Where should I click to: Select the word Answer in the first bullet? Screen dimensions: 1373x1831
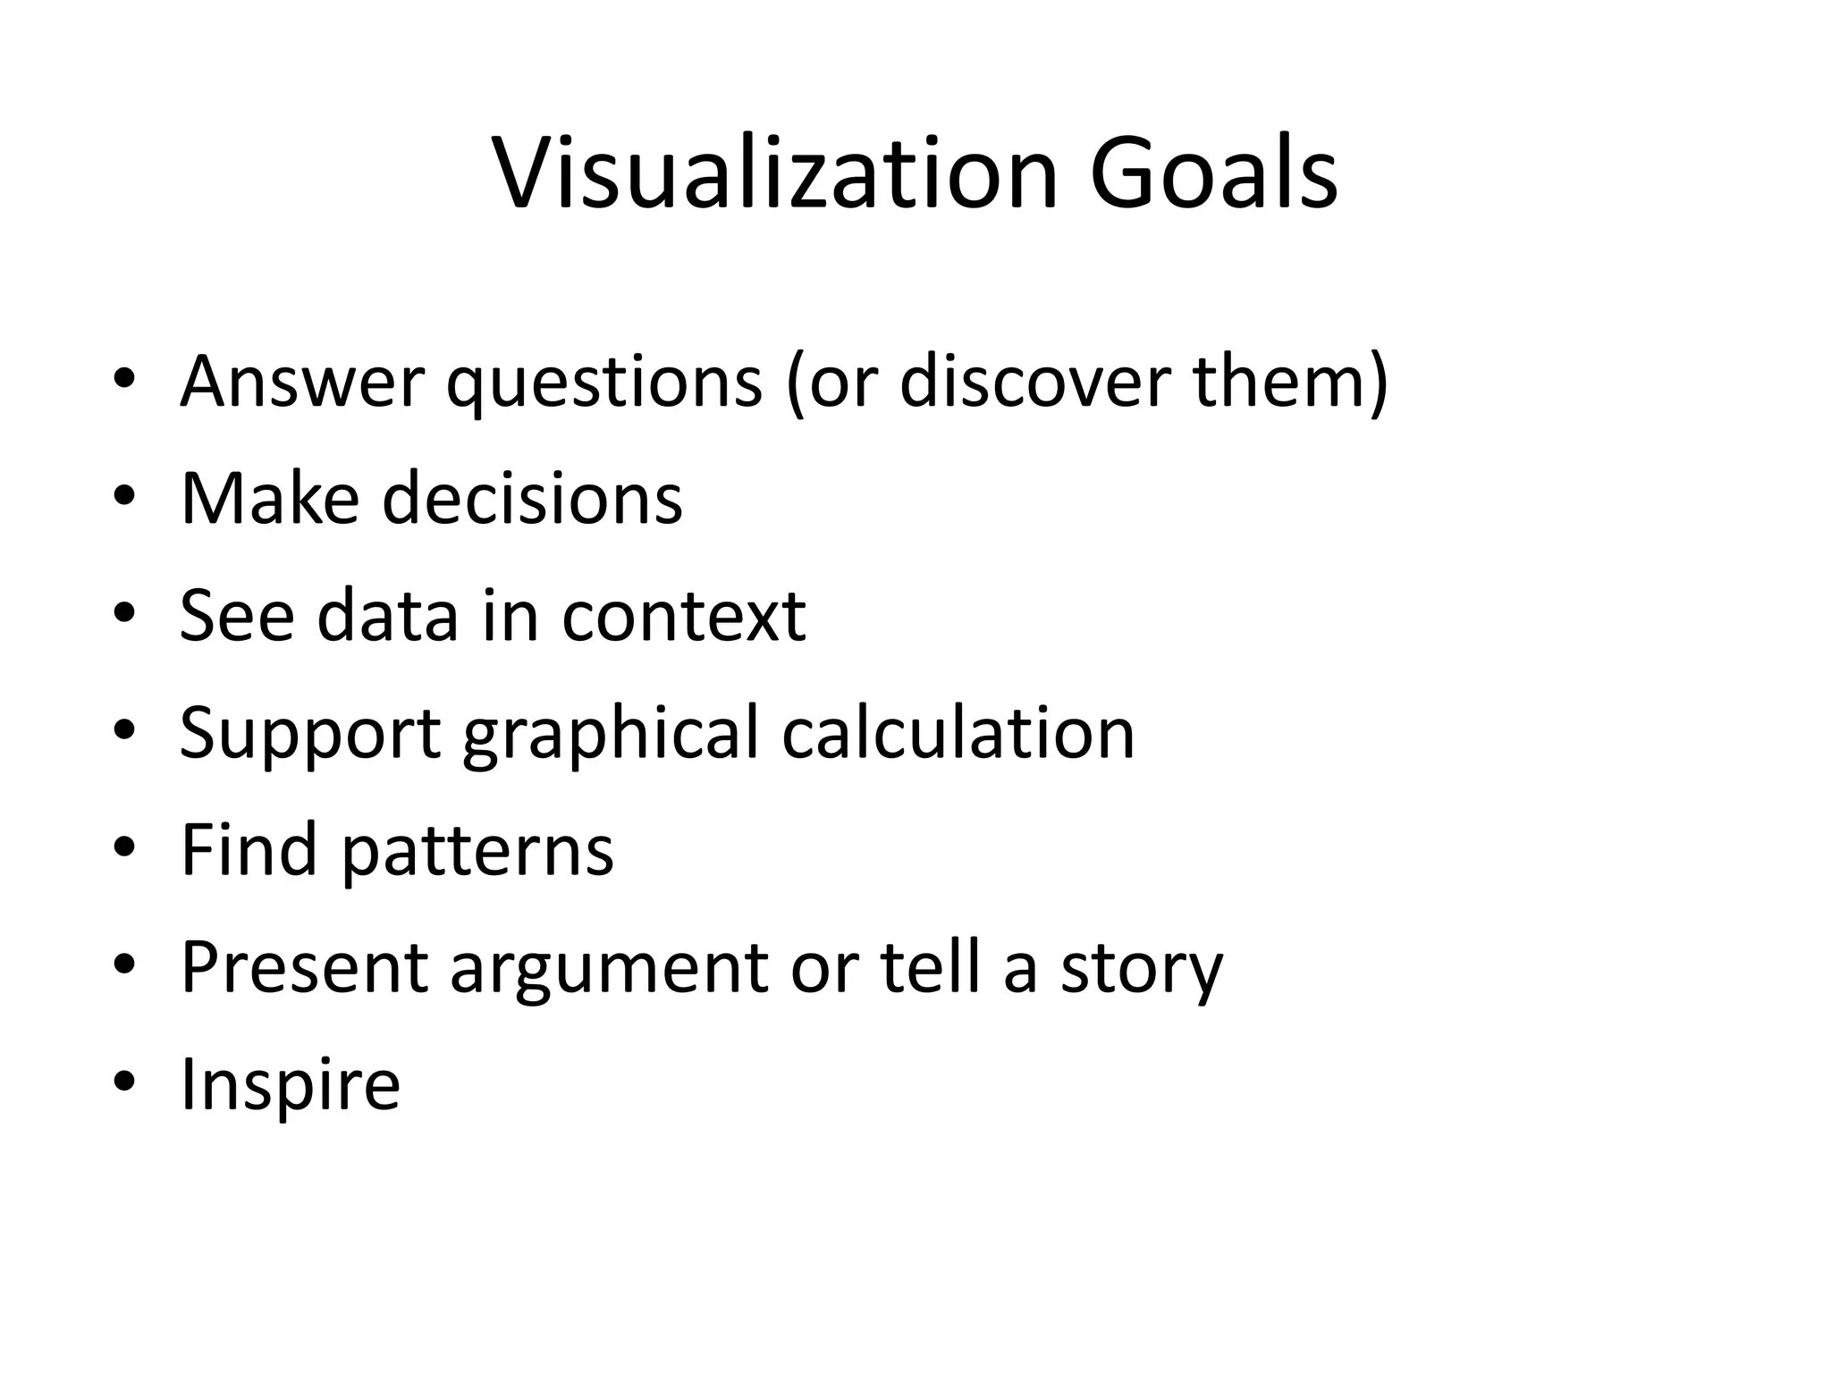(x=301, y=382)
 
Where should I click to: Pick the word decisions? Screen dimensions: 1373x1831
(x=533, y=498)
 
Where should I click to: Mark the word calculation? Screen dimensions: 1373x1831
(x=958, y=733)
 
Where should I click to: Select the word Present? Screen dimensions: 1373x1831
(x=305, y=966)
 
